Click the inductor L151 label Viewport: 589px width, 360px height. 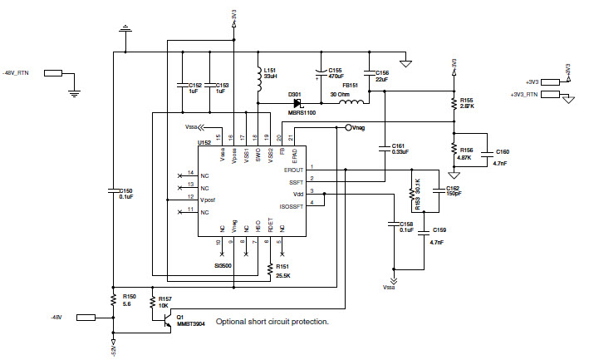270,72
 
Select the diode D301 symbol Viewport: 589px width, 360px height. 297,103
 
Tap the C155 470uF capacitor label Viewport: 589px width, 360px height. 336,74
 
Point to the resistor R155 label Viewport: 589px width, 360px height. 467,103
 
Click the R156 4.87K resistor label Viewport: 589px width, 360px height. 465,153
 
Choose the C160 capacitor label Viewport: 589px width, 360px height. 503,152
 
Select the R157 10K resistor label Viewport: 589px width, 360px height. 164,302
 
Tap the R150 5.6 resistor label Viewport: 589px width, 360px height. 129,299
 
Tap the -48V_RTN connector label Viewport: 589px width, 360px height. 19,73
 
